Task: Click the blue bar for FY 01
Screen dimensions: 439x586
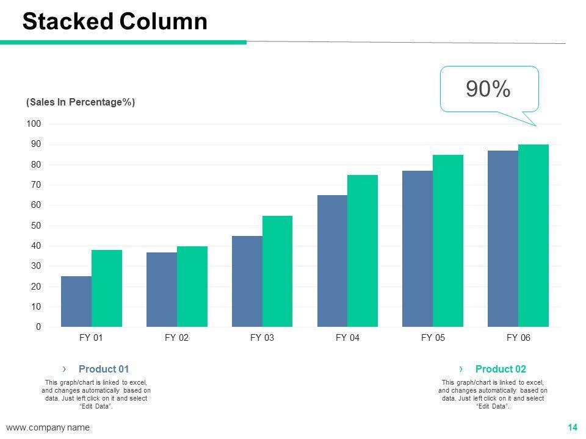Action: (76, 301)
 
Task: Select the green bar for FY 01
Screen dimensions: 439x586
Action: (107, 288)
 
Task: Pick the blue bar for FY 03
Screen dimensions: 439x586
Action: (247, 281)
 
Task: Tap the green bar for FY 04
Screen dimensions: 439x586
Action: (363, 251)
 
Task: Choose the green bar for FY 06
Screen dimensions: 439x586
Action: (534, 235)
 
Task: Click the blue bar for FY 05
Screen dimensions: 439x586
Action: (418, 249)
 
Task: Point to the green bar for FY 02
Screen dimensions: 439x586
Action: (192, 287)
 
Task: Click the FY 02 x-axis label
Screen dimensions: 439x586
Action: (177, 338)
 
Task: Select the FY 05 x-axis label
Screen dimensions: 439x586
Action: (433, 338)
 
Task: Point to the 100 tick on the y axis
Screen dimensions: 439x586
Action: (34, 124)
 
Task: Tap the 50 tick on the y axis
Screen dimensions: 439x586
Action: (36, 226)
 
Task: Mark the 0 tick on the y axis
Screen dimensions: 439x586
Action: (38, 327)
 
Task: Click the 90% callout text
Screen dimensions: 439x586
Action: (488, 90)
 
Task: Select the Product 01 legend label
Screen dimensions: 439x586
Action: (104, 369)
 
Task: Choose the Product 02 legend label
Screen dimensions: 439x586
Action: (501, 369)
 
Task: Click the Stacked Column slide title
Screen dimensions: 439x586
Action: (115, 21)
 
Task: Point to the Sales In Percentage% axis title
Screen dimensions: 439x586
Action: (81, 102)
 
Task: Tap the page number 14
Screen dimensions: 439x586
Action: (573, 427)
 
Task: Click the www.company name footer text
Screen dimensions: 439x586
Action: (48, 427)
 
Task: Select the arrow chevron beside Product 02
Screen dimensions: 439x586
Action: (461, 368)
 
